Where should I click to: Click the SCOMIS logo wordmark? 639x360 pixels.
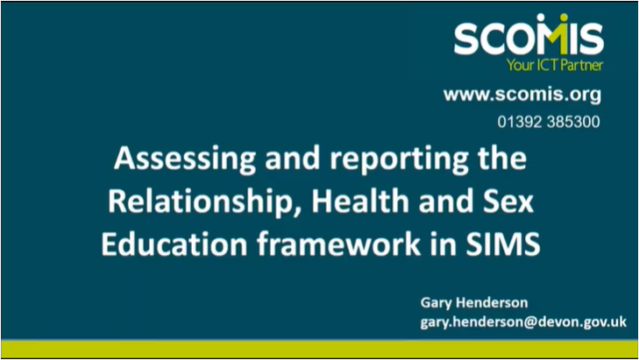(x=529, y=35)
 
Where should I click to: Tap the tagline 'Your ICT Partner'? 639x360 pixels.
(x=555, y=65)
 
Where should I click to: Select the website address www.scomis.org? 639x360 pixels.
(x=522, y=95)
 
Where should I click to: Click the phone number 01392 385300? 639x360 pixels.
(x=549, y=122)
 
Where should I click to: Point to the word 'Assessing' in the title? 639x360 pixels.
(x=185, y=159)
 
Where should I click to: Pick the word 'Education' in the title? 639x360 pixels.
(x=174, y=244)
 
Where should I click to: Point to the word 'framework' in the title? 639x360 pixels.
(x=338, y=244)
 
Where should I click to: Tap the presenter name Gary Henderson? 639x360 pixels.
(x=474, y=303)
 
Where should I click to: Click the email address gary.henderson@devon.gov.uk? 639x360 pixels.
(x=523, y=322)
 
